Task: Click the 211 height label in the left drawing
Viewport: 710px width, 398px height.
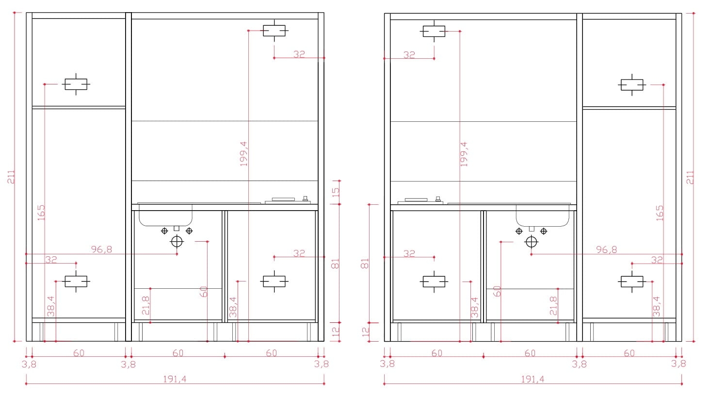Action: [11, 177]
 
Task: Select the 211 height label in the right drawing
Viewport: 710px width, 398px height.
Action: [690, 178]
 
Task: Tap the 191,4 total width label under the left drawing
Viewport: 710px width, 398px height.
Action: [175, 379]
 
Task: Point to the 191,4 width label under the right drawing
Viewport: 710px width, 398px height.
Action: [533, 379]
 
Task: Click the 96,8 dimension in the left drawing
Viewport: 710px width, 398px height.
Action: [102, 249]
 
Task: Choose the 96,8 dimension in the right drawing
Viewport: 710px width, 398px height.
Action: [607, 249]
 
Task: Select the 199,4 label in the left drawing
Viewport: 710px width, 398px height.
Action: [243, 154]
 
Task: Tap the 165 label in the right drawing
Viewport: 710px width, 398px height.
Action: [660, 213]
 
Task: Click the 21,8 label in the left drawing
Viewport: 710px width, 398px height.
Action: [145, 305]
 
